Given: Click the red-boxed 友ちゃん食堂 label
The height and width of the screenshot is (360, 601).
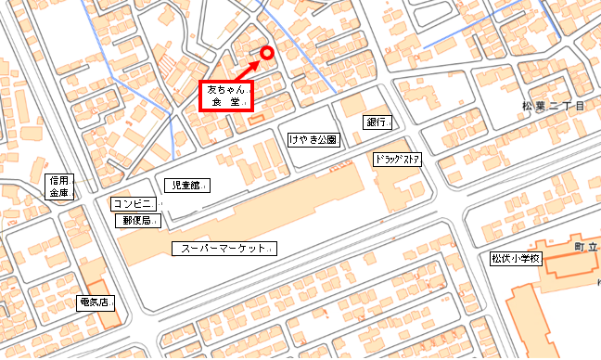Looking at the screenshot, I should [225, 96].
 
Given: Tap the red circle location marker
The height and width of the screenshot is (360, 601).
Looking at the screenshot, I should [267, 53].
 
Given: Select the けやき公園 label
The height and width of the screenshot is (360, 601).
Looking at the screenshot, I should [313, 140].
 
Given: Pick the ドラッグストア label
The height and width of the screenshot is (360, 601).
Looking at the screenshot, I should [398, 160].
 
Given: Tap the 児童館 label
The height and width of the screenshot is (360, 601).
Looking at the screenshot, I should [186, 186].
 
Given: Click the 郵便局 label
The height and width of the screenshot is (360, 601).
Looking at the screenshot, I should [138, 221].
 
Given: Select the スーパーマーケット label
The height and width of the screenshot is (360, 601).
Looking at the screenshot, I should [225, 250].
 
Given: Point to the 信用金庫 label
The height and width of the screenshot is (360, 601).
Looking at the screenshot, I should [59, 186].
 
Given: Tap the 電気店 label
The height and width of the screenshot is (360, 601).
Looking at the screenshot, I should [96, 302].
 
